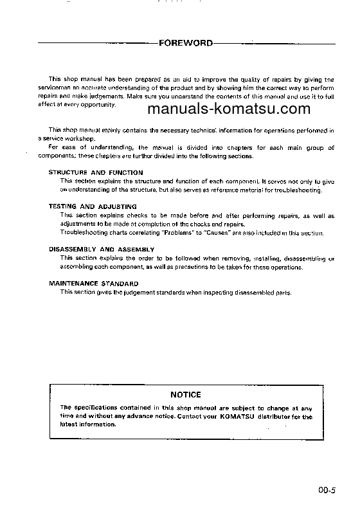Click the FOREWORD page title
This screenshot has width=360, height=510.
point(186,44)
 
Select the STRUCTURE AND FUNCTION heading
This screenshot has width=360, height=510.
point(96,173)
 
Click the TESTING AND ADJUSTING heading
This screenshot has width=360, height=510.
point(93,206)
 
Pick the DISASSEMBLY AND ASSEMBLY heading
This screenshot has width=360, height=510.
point(102,249)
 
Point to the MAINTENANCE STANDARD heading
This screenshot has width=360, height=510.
point(93,283)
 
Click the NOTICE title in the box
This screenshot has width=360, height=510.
point(186,395)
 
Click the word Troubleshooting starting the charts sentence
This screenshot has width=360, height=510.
point(82,233)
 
